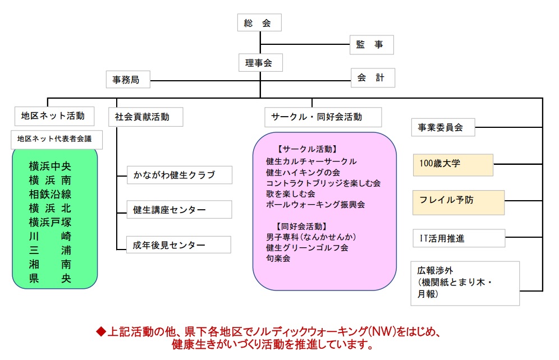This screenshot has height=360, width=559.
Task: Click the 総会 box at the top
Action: coord(258,23)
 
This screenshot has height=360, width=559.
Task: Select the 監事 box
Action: coord(370,45)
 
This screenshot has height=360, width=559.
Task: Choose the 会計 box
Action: coord(372,79)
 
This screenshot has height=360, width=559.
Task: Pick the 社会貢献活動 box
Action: coord(142,117)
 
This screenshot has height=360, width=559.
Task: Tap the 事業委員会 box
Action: coord(442,127)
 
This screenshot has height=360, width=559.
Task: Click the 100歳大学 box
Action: coord(453,165)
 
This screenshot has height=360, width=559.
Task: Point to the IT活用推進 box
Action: coord(458,238)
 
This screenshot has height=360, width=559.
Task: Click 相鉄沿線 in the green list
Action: coord(50,195)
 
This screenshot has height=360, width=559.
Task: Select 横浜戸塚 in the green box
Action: coord(50,222)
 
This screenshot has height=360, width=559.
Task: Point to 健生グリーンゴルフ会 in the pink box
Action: coord(307,247)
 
